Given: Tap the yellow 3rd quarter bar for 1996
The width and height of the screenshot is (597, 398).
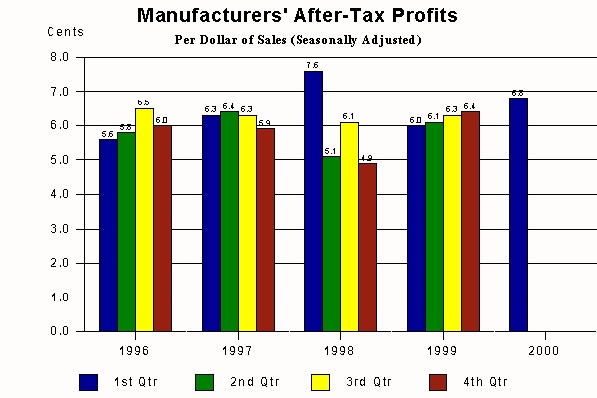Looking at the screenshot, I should [144, 220].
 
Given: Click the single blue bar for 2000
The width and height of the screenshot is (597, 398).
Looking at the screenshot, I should [518, 214].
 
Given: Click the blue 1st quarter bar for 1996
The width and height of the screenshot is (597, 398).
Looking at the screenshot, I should [108, 235].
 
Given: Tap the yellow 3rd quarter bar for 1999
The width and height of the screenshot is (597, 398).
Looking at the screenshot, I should [452, 223].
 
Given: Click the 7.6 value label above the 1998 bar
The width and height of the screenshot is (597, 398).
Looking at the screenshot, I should [314, 64].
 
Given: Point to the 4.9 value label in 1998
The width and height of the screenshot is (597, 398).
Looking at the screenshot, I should [368, 157].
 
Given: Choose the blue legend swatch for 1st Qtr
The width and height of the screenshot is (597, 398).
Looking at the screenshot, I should [88, 381].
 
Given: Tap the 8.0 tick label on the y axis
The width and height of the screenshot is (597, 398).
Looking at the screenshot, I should [60, 57].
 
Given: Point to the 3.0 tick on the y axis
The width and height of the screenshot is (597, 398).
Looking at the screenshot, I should [60, 229].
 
